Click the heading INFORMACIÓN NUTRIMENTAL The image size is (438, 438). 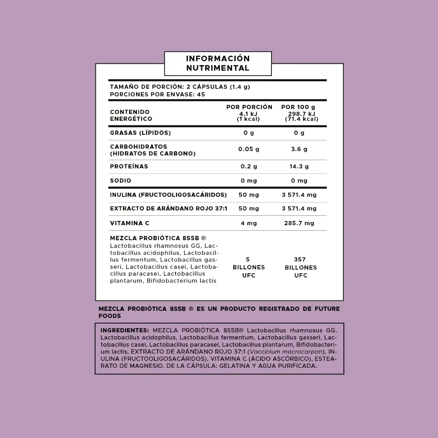pyautogui.click(x=218, y=63)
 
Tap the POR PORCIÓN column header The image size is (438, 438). pyautogui.click(x=249, y=107)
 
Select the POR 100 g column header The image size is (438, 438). pyautogui.click(x=298, y=107)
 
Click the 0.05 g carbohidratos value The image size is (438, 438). pyautogui.click(x=249, y=149)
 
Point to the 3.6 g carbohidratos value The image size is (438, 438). pyautogui.click(x=299, y=149)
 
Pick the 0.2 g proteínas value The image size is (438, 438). pyautogui.click(x=249, y=167)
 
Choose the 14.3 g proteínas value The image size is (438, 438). pyautogui.click(x=299, y=167)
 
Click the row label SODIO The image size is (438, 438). pyautogui.click(x=121, y=181)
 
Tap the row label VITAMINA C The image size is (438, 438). pyautogui.click(x=130, y=223)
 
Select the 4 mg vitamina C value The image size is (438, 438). pyautogui.click(x=249, y=223)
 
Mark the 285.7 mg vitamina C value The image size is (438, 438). pyautogui.click(x=299, y=223)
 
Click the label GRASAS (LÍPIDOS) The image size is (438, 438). pyautogui.click(x=140, y=133)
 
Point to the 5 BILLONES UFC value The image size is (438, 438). pyautogui.click(x=249, y=267)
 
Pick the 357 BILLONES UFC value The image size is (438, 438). pyautogui.click(x=301, y=267)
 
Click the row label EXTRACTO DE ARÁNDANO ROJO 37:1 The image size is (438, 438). pyautogui.click(x=169, y=209)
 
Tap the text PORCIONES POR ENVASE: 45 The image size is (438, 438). pyautogui.click(x=158, y=94)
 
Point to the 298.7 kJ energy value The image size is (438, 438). pyautogui.click(x=302, y=113)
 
